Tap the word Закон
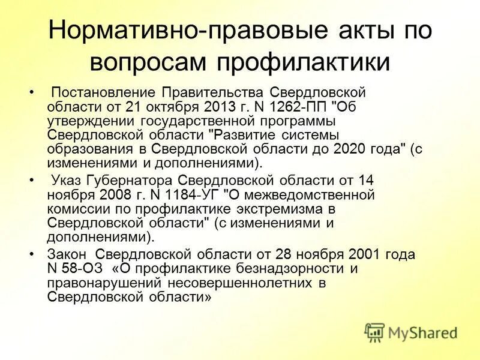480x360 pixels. [x=66, y=254]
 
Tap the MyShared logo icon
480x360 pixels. [x=374, y=332]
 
